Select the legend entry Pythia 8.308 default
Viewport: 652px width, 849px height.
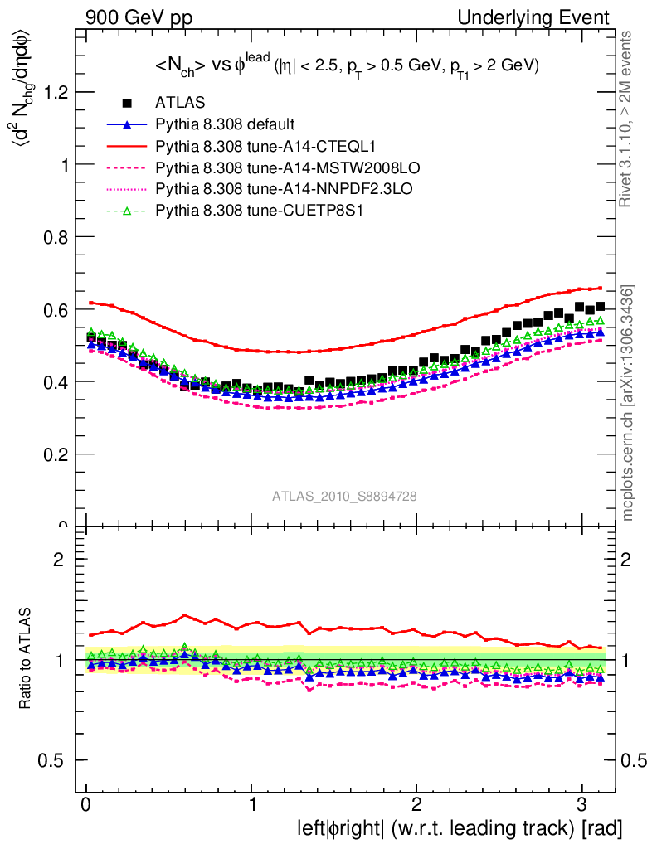[224, 125]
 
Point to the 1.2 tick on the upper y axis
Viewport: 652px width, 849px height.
[55, 92]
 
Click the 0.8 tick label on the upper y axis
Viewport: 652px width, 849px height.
[55, 237]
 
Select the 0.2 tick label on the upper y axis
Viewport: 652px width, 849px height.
[55, 454]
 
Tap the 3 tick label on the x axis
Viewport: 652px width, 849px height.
[581, 805]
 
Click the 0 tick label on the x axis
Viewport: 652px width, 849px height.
[86, 805]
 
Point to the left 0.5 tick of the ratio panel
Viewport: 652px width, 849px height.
[55, 760]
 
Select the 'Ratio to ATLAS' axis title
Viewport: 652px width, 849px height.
[27, 659]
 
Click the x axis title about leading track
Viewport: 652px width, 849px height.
[459, 827]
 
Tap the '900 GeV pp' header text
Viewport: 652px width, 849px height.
[139, 17]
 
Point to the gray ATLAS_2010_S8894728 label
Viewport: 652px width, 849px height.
[344, 496]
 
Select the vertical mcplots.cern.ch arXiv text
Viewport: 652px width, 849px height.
[629, 403]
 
